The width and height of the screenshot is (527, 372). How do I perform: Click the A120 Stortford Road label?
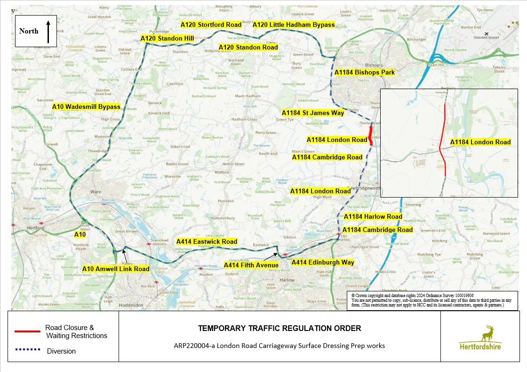(x=211, y=25)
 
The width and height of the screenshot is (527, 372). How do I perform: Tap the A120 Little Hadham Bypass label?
(x=294, y=25)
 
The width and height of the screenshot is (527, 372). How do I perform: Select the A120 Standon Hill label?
(x=167, y=38)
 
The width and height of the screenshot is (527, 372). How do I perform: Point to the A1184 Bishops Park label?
(x=365, y=73)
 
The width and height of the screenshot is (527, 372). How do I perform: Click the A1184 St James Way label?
(x=313, y=113)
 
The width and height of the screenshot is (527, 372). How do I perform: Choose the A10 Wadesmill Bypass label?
(x=86, y=107)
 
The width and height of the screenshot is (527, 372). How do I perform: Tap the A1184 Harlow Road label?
(x=373, y=216)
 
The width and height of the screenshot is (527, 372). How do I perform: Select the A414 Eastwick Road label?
(x=207, y=241)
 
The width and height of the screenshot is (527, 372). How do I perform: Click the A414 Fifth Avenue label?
(x=251, y=265)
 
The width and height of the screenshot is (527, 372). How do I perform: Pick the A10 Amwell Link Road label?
(x=116, y=269)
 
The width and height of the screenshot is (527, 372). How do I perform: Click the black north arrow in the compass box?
(x=48, y=31)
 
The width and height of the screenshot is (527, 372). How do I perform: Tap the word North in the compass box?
(x=29, y=31)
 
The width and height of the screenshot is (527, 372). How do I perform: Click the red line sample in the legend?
(x=27, y=331)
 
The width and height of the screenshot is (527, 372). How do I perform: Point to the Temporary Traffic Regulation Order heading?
(x=279, y=328)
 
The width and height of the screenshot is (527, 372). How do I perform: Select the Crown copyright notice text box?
(x=432, y=300)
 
